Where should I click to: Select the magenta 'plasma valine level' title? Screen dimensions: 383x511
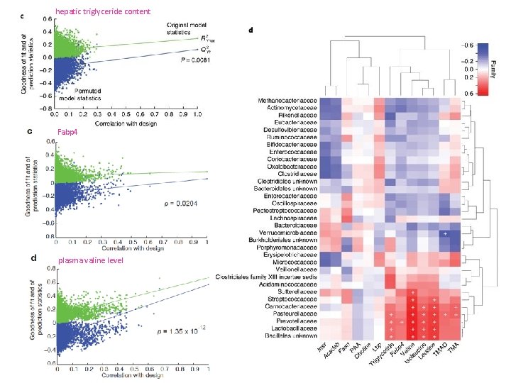coord(90,260)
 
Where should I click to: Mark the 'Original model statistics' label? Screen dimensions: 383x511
coord(175,28)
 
